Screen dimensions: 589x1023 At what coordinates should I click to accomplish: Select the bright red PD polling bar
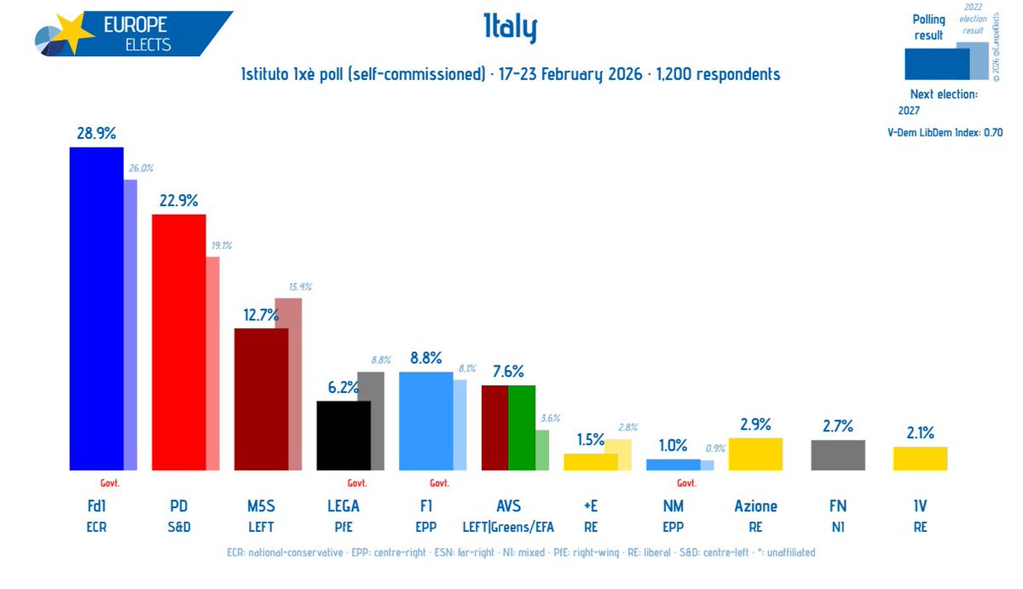click(x=178, y=342)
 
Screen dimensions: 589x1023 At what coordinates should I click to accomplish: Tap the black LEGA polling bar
click(x=343, y=435)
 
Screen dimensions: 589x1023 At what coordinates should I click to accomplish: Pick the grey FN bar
click(x=837, y=454)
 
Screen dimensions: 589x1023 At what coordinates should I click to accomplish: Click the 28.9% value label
click(x=95, y=133)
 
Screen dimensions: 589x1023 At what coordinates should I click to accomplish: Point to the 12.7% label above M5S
click(x=261, y=315)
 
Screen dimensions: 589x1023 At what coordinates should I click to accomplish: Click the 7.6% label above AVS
click(x=508, y=371)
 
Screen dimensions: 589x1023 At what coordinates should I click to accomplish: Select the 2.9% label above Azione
click(x=755, y=424)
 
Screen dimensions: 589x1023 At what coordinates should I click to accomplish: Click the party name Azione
click(x=755, y=506)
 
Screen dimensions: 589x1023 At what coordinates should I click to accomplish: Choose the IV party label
click(x=920, y=506)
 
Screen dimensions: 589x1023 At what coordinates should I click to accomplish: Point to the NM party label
click(x=673, y=506)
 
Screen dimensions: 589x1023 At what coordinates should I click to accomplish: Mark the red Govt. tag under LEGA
click(x=356, y=482)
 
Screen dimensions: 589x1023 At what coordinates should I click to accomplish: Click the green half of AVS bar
click(x=522, y=427)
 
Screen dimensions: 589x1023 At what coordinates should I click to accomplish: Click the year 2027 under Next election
click(x=910, y=110)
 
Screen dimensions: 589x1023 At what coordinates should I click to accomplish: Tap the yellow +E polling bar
click(x=590, y=461)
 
